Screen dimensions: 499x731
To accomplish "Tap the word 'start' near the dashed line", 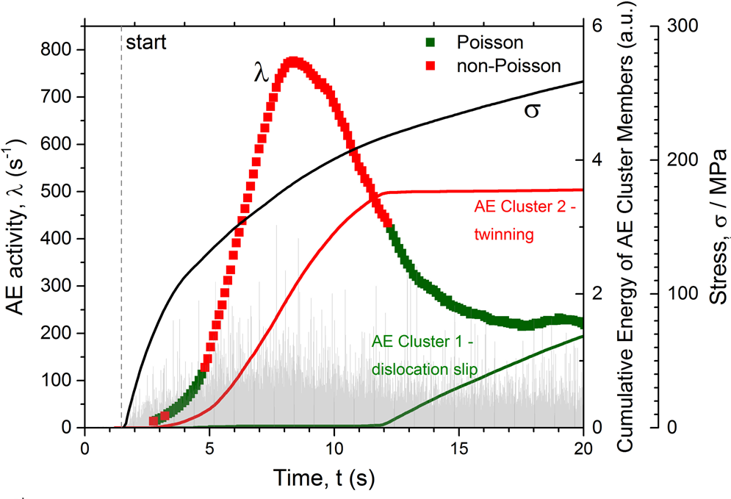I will [147, 41].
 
